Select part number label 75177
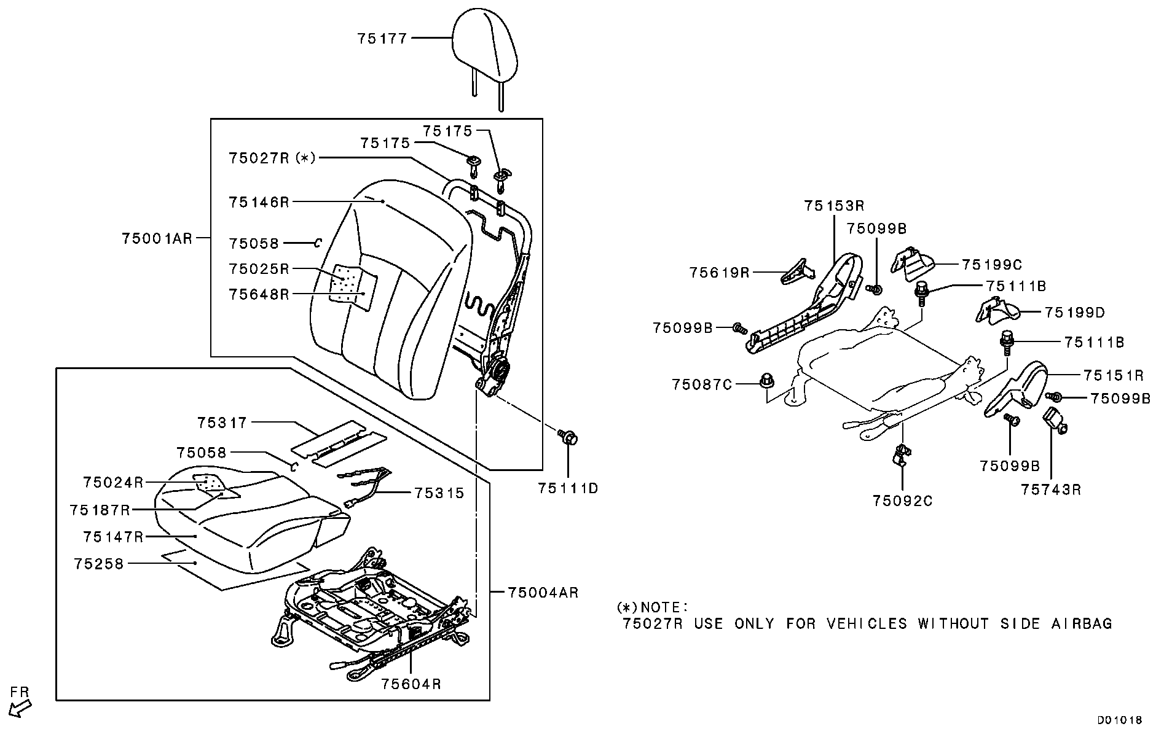(x=382, y=39)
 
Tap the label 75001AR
(x=157, y=238)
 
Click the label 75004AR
(x=543, y=593)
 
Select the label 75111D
(x=568, y=488)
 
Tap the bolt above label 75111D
(x=568, y=438)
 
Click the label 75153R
(x=834, y=206)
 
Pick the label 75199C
(x=991, y=265)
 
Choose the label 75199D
(x=1074, y=313)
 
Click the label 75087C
(x=702, y=384)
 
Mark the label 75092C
(x=902, y=501)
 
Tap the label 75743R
(x=1051, y=489)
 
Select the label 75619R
(x=720, y=272)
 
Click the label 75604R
(x=411, y=684)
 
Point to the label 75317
(x=222, y=423)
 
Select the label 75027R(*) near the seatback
(x=272, y=158)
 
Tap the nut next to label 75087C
(x=766, y=380)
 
